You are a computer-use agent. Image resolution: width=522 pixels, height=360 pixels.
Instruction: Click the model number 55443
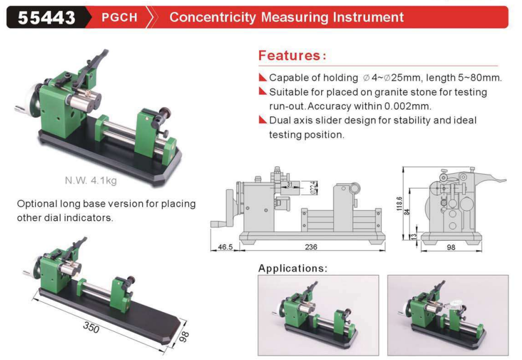click(x=46, y=18)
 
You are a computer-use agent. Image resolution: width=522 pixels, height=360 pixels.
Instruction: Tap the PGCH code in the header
click(x=119, y=17)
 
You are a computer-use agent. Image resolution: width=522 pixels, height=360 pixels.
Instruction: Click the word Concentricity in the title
click(x=213, y=17)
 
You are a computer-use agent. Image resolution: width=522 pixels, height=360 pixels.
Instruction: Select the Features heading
click(x=292, y=55)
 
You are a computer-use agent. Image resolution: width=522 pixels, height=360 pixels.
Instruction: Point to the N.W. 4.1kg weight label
click(x=91, y=180)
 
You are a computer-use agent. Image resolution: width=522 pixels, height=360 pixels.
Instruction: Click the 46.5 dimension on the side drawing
click(x=225, y=247)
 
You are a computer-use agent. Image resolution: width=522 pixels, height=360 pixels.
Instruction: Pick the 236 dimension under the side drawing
click(x=311, y=247)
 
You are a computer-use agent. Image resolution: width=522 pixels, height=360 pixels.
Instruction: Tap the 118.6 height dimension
click(x=400, y=203)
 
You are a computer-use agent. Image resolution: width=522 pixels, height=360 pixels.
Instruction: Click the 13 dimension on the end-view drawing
click(x=414, y=236)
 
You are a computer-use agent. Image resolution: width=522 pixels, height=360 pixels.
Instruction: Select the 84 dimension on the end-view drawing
click(x=407, y=212)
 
